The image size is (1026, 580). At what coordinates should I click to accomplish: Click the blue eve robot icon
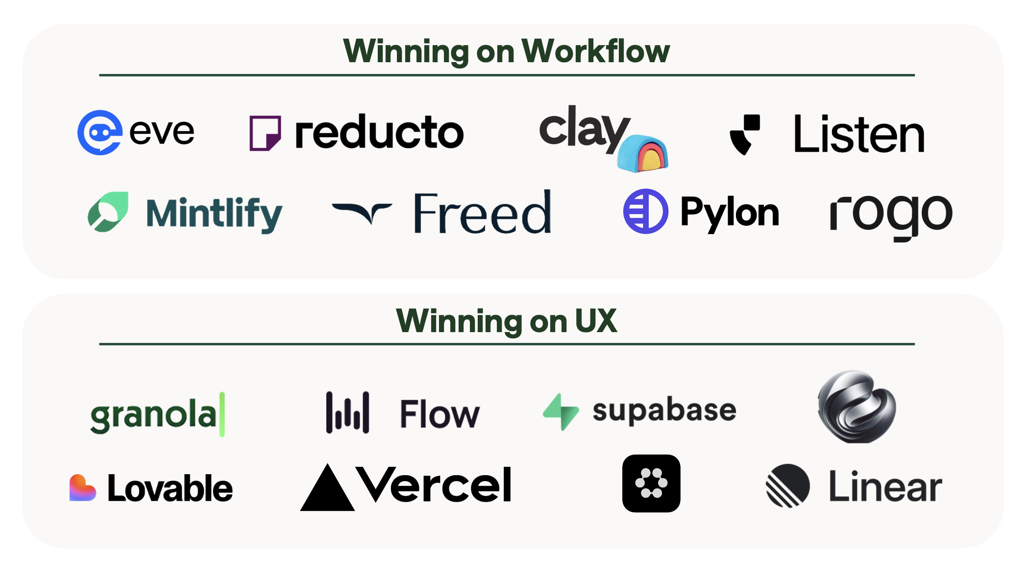click(99, 132)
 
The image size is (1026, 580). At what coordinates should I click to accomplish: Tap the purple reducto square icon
click(265, 133)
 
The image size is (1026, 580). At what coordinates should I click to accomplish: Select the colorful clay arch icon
click(643, 153)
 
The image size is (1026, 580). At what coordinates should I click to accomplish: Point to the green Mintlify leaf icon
click(108, 212)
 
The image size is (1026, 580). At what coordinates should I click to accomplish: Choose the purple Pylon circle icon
click(645, 211)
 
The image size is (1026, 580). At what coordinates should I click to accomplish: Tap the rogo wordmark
click(891, 215)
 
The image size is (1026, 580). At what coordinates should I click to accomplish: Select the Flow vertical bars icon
click(347, 412)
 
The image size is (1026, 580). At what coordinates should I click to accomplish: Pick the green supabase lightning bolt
click(561, 412)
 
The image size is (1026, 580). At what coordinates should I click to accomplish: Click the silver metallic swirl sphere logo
click(856, 407)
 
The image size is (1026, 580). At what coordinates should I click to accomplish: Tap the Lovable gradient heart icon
click(82, 488)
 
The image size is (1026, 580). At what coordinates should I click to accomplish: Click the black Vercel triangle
click(327, 489)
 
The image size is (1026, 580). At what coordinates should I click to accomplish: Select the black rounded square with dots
click(651, 483)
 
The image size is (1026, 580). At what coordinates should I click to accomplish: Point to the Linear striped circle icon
click(787, 485)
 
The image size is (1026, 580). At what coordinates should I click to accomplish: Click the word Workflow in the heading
click(595, 51)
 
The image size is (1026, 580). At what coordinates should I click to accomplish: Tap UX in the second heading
click(595, 321)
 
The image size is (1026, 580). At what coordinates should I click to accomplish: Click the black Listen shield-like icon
click(745, 134)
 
